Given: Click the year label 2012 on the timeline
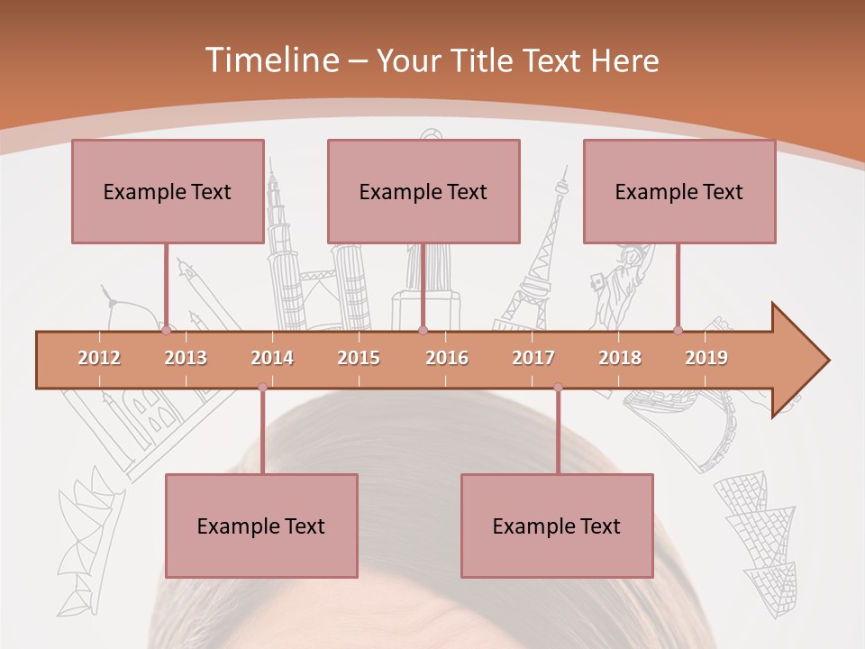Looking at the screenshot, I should [x=99, y=358].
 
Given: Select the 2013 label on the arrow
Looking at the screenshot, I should [x=186, y=358].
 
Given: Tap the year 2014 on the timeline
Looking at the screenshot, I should [x=272, y=358].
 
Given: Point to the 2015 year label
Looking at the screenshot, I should [x=359, y=358].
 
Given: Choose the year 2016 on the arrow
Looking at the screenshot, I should [x=447, y=358].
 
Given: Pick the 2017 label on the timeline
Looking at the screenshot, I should [x=533, y=358].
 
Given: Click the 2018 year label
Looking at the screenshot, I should [x=620, y=358].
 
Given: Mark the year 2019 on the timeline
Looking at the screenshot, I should [x=706, y=358].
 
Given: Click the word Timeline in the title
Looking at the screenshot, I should [x=269, y=60].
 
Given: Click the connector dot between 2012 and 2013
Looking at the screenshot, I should [x=166, y=330].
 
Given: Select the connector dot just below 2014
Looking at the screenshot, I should [x=262, y=388].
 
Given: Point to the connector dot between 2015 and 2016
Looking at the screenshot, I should [x=423, y=330].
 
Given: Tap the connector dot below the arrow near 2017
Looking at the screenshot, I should [x=558, y=388].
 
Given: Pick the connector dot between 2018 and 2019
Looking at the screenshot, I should [x=678, y=330].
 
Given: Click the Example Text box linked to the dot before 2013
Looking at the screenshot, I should [x=168, y=191].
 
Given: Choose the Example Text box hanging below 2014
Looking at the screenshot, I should [x=261, y=526].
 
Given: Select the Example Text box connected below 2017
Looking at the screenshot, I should [x=557, y=526].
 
